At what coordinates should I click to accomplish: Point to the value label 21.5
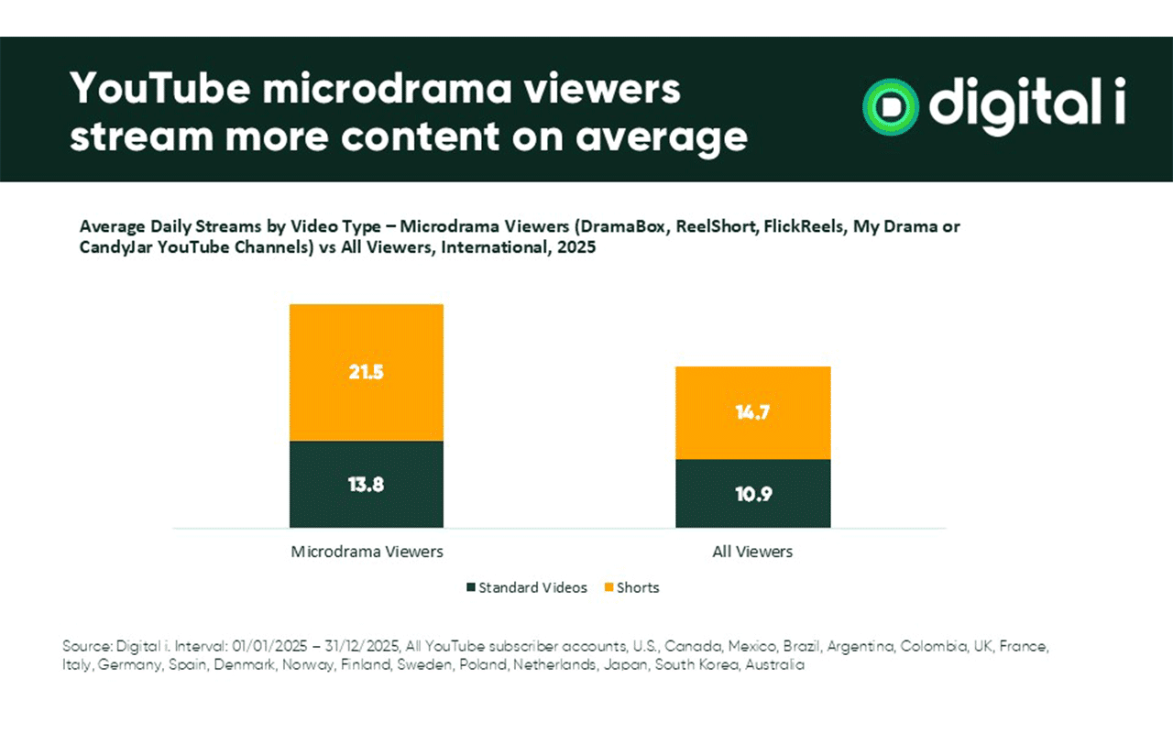tap(367, 373)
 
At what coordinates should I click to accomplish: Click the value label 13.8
tap(367, 485)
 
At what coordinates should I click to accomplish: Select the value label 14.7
tap(752, 412)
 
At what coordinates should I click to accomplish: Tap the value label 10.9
tap(752, 494)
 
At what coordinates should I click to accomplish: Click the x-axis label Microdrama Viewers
tap(367, 552)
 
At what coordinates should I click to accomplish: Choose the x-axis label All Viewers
tap(752, 552)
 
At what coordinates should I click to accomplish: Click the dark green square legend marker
tap(471, 587)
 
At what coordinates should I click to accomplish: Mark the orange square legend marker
tap(609, 587)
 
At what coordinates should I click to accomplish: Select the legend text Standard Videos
tap(533, 587)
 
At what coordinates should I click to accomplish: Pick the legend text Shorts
tap(639, 587)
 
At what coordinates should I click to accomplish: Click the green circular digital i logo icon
tap(887, 106)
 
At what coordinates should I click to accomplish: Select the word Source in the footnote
tap(83, 646)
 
